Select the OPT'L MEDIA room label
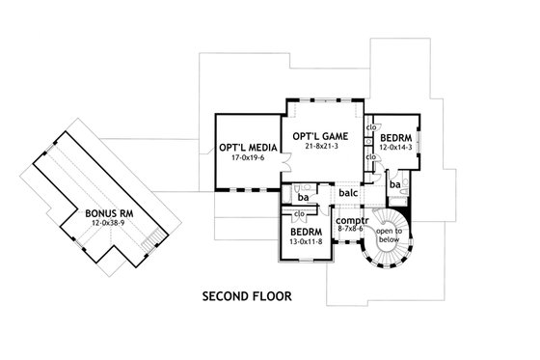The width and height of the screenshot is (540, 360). (x=244, y=148)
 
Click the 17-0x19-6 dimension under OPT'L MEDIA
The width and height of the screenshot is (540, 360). (x=244, y=159)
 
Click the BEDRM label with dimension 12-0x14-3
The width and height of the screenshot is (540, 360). (x=396, y=138)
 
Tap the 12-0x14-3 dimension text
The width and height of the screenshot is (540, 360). (x=396, y=150)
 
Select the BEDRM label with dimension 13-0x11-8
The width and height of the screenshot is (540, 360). (x=307, y=233)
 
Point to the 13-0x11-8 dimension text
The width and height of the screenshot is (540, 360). (x=307, y=244)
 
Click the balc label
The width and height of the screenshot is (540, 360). (x=348, y=193)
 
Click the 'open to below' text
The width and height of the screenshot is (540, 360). (x=391, y=236)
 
